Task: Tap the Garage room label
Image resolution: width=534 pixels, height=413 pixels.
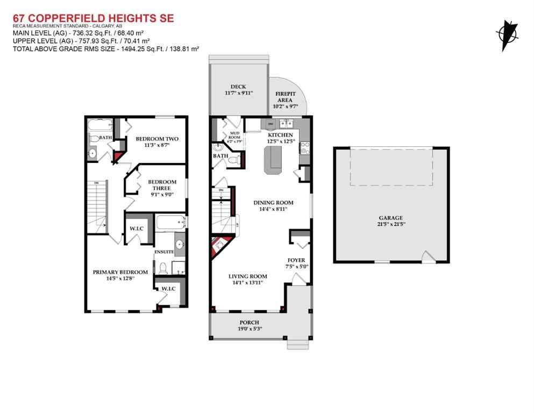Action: tap(390, 218)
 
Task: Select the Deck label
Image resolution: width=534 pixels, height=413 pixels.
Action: tap(238, 86)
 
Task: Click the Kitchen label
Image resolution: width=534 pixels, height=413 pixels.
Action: tap(280, 134)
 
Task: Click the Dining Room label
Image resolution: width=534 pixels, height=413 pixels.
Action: tap(273, 203)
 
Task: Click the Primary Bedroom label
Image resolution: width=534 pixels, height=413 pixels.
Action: tap(120, 272)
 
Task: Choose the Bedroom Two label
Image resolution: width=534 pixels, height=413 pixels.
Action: tap(156, 139)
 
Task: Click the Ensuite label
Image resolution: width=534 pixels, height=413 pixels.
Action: tap(163, 252)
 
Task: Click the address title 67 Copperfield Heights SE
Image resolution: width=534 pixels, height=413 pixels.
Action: tap(92, 19)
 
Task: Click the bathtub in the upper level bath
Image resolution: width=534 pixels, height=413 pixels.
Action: tap(100, 126)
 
